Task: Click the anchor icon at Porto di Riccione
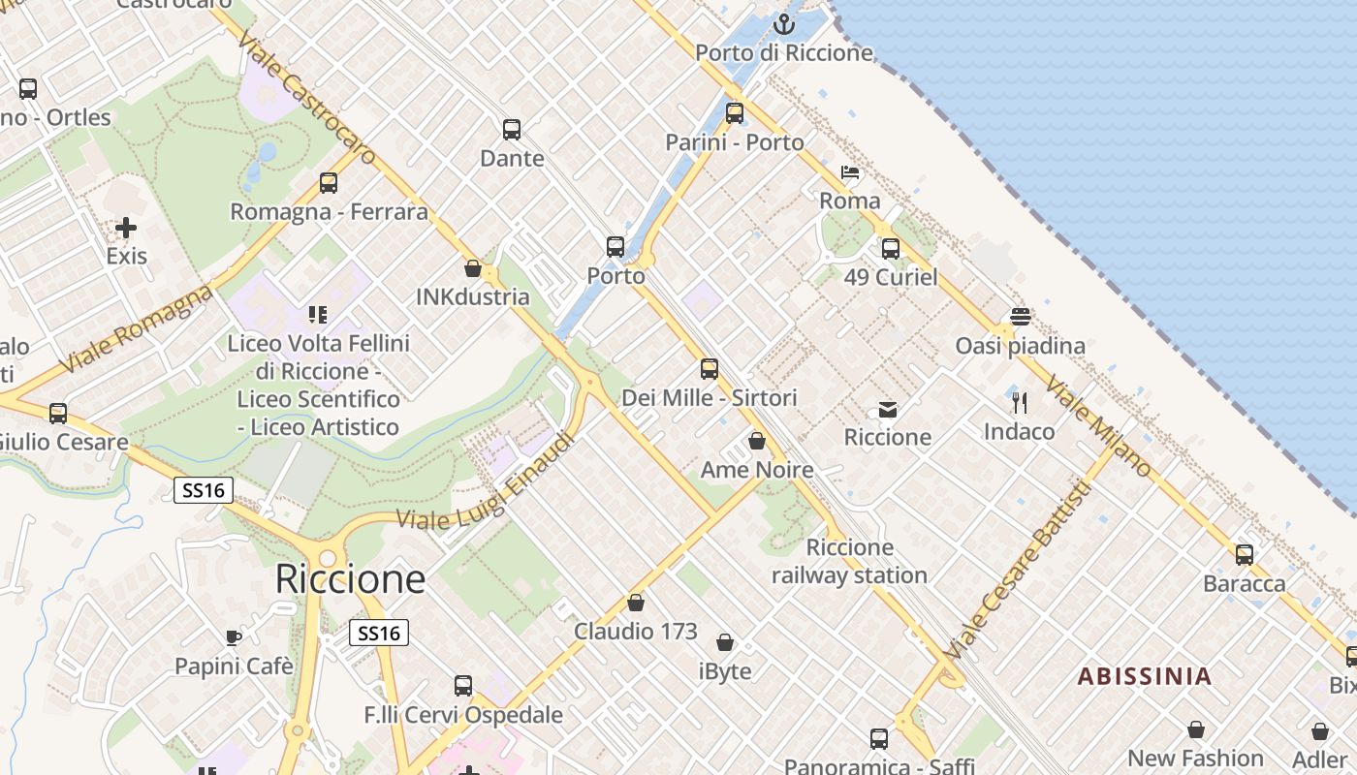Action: tap(783, 23)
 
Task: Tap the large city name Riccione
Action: tap(350, 578)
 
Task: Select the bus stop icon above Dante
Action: tap(512, 129)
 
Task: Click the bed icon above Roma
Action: tap(850, 173)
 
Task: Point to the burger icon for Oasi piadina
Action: tap(1020, 317)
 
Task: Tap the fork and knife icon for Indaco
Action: tap(1019, 402)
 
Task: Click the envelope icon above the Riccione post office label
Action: tap(888, 410)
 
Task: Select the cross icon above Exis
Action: tap(126, 229)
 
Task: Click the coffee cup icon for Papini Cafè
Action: tap(234, 637)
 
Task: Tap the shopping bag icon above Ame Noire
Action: tap(757, 442)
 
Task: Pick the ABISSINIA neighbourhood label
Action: tap(1145, 676)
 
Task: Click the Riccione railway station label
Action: tap(849, 562)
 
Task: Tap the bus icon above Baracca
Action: tap(1245, 555)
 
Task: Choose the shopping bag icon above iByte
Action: tap(725, 642)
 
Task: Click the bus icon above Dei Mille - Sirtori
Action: tap(710, 369)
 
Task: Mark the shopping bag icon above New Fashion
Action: tap(1196, 729)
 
